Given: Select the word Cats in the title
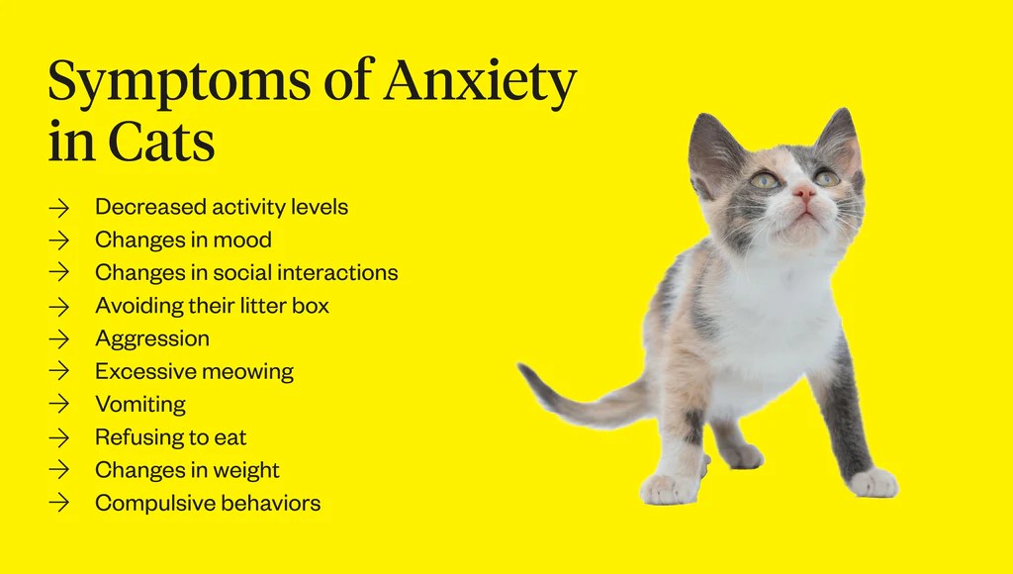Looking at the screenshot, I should coord(161,143).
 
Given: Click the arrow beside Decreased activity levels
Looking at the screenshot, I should coord(59,208).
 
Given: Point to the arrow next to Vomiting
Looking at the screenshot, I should coord(59,405).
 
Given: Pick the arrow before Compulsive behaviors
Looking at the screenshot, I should coord(59,503).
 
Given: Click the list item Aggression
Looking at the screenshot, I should coord(151,339).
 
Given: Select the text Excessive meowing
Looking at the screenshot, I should coord(194,372).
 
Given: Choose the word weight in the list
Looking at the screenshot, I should coord(246,470).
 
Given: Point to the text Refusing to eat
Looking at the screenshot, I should coord(170,437).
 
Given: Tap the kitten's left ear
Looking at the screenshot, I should coord(712,148).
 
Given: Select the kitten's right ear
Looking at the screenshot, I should coord(839,139).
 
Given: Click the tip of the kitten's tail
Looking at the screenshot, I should coord(524,370).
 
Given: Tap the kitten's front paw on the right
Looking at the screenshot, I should coord(874,484).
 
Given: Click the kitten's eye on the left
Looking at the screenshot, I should coord(764,180).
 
